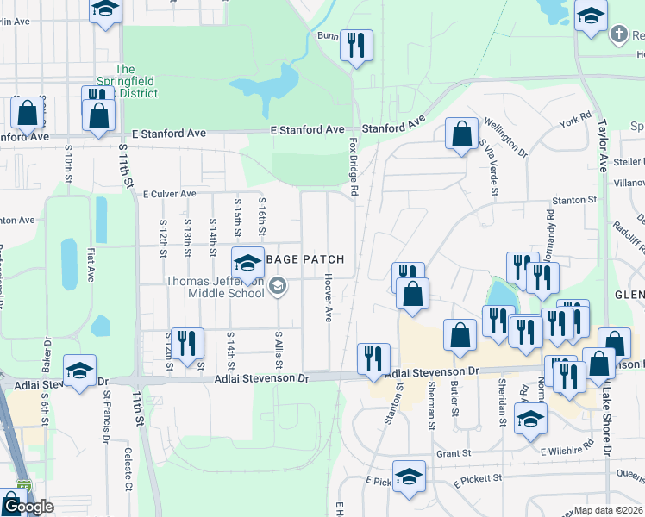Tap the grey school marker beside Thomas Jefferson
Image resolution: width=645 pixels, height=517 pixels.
pos(278,286)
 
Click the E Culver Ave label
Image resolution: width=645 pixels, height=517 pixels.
pos(170,194)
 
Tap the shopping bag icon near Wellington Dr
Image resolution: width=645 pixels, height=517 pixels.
pos(461,134)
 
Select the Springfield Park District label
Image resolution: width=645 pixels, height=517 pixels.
pos(125,81)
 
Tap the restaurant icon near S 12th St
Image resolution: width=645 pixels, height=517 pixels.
pos(186,343)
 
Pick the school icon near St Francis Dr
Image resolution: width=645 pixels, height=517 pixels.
pos(79,371)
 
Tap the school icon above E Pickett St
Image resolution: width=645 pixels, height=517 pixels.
pos(409,477)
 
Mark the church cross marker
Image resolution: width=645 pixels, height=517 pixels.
pos(617,35)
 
